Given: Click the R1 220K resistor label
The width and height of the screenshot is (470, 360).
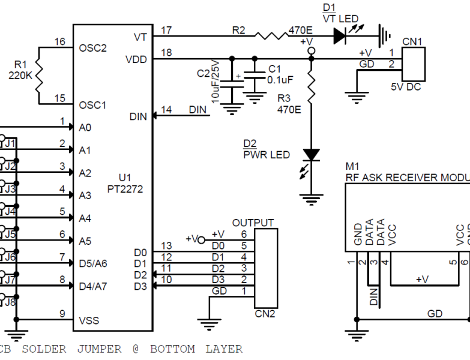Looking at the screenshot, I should (x=20, y=70).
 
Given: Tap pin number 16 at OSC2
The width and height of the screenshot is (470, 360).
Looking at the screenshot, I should (x=60, y=41).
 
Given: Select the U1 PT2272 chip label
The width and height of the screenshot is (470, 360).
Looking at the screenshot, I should (x=131, y=183).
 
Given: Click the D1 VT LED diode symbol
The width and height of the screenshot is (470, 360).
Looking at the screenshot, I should (x=340, y=36).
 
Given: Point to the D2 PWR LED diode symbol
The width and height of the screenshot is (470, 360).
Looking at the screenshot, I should (x=311, y=154).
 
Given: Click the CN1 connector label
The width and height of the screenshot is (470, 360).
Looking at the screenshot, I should (x=412, y=41).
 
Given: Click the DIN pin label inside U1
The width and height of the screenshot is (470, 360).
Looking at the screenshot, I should (x=137, y=116).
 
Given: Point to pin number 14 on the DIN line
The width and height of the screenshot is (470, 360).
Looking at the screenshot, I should (x=166, y=110).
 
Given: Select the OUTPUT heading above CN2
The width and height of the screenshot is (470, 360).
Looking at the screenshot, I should (x=253, y=223).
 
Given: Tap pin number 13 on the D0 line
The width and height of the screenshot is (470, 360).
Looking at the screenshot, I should (x=166, y=246).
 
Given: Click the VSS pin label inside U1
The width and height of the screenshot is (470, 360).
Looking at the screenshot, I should (x=89, y=320).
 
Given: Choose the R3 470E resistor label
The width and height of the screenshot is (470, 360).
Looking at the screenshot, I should (x=288, y=105).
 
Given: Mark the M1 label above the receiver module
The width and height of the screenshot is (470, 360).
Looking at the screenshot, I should (x=352, y=166).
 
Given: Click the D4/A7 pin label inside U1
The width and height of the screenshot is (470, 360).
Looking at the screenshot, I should (x=93, y=286).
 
